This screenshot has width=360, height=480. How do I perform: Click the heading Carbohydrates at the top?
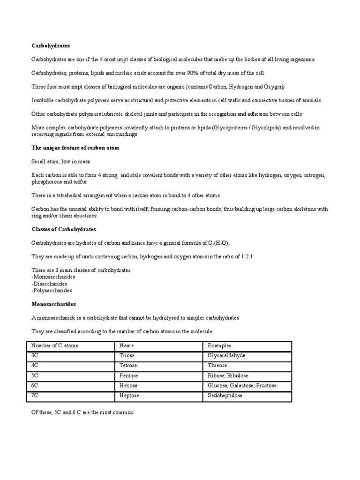coord(51,46)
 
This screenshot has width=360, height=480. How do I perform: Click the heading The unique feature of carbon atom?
coord(75,148)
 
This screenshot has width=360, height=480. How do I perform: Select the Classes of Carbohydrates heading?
coord(64,229)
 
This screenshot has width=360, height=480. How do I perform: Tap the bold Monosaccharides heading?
coord(53,304)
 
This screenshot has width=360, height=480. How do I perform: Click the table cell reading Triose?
coord(127,356)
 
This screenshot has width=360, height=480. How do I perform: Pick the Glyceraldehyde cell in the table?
coord(226,356)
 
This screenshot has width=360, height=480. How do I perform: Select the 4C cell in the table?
coord(35,366)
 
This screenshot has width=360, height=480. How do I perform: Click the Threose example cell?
coord(217,366)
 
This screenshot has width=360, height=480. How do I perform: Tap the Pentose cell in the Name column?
coord(129,375)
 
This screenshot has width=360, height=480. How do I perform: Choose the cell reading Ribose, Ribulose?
coord(228,375)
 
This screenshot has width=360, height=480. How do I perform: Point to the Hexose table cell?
coord(129,386)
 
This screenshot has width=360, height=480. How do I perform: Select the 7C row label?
coord(35,396)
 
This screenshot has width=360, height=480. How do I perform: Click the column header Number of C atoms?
coord(55,345)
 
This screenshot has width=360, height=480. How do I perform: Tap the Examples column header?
coord(220,345)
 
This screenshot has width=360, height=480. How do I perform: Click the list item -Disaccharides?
coord(49,284)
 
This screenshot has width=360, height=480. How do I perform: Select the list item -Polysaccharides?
coord(52,291)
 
